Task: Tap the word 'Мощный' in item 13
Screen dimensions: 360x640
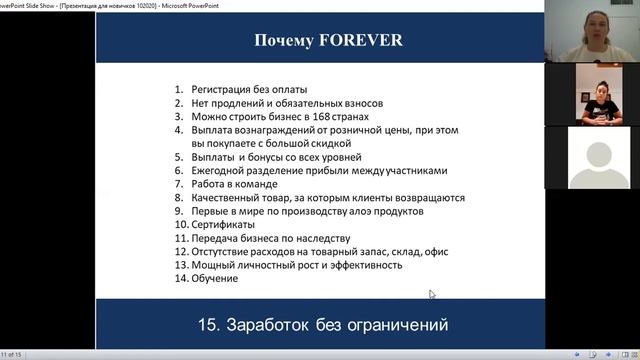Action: coord(212,265)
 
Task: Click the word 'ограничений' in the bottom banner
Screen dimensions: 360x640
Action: coord(391,325)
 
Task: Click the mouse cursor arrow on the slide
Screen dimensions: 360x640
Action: coord(432,294)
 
